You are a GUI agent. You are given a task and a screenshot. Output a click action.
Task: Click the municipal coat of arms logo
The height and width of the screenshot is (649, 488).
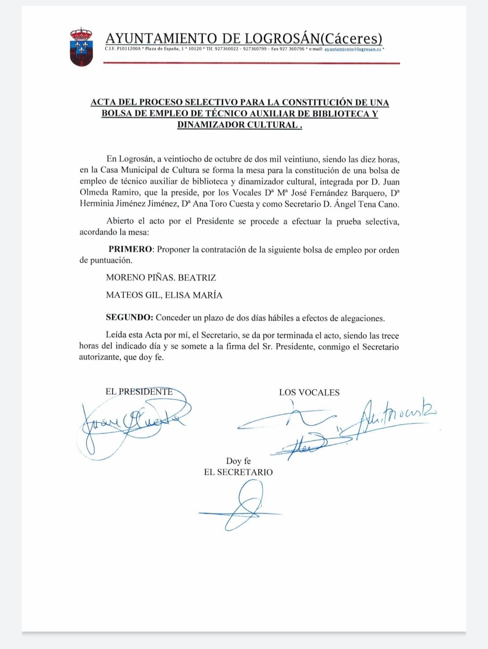click(x=81, y=47)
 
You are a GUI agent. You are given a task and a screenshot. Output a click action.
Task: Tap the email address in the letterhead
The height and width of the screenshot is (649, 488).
click(x=353, y=49)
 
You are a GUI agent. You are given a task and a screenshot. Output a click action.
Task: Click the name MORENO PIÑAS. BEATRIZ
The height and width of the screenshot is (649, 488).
click(x=161, y=277)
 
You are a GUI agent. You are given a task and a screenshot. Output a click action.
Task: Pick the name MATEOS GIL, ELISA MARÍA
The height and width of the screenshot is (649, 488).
click(x=164, y=295)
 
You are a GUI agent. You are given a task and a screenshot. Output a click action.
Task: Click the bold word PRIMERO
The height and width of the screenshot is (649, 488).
click(x=131, y=249)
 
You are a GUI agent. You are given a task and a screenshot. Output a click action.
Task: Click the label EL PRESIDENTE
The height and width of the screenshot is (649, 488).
click(x=139, y=392)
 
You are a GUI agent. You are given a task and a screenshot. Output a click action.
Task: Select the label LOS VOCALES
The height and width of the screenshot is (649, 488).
click(x=309, y=392)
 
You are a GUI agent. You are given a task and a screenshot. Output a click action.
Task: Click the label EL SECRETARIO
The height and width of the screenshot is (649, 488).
click(x=238, y=472)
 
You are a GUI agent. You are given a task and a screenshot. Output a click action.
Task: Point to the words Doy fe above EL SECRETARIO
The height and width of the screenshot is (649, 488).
click(x=238, y=461)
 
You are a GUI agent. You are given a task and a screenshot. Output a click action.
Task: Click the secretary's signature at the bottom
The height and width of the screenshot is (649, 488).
click(x=242, y=506)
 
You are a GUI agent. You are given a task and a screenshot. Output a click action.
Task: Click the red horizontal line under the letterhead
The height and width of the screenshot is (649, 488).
click(x=251, y=63)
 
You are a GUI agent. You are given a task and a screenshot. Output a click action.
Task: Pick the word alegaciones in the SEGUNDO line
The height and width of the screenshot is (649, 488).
click(x=361, y=318)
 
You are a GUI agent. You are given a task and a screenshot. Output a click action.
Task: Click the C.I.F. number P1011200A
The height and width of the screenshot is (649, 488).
click(x=128, y=49)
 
